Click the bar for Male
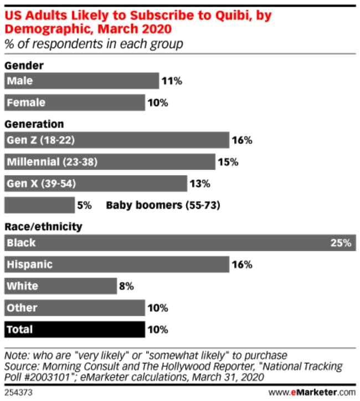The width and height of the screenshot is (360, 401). (x=81, y=81)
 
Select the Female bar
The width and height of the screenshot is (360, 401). (x=74, y=102)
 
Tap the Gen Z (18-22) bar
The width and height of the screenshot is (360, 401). (x=116, y=140)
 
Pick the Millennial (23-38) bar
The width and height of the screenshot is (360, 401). (x=110, y=162)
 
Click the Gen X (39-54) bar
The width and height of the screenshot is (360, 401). (x=95, y=183)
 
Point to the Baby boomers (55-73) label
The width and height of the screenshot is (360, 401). (x=163, y=205)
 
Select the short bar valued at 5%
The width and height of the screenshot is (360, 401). (x=39, y=205)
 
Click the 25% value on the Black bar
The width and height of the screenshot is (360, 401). (x=341, y=243)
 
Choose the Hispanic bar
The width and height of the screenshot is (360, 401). (x=116, y=264)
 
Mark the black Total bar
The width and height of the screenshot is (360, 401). (x=74, y=330)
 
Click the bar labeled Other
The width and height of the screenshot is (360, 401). (x=74, y=307)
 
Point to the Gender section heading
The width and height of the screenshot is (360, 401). (x=24, y=65)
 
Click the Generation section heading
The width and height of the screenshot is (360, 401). (x=34, y=124)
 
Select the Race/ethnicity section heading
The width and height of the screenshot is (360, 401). (x=43, y=227)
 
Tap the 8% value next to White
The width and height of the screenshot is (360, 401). (x=126, y=286)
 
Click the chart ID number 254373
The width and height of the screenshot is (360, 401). (x=17, y=393)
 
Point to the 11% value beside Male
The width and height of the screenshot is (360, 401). (x=172, y=81)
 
